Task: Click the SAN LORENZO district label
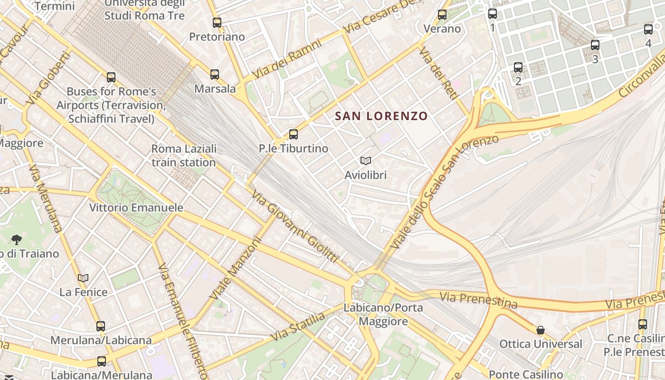click(x=381, y=116)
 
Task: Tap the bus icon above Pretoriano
click(x=217, y=22)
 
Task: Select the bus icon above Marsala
click(x=215, y=75)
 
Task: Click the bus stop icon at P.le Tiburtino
click(x=294, y=134)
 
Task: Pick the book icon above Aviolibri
click(x=365, y=161)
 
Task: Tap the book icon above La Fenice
click(x=83, y=278)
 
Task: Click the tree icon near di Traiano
click(x=17, y=239)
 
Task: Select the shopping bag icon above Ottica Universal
click(x=541, y=330)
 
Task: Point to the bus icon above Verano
click(x=442, y=15)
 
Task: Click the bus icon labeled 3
click(x=595, y=45)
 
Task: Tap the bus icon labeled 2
click(x=518, y=67)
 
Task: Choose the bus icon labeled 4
click(x=648, y=29)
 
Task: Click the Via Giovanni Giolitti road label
click(x=294, y=227)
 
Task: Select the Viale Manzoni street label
click(x=236, y=268)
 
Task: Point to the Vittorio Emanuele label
click(x=136, y=208)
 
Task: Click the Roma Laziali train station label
click(x=184, y=155)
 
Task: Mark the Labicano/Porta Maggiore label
click(x=383, y=314)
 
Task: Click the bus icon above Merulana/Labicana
click(x=101, y=326)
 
